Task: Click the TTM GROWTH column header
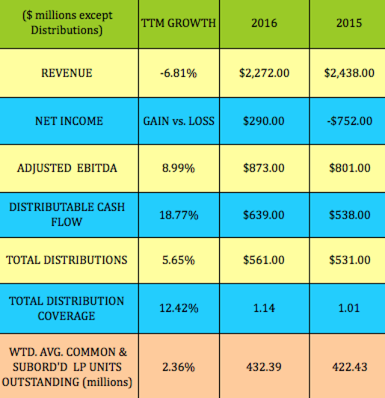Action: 179,23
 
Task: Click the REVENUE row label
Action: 67,73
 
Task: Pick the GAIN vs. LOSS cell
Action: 179,121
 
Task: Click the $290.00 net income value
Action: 263,121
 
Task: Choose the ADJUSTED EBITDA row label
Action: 67,168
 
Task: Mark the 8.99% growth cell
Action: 179,168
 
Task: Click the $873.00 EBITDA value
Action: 263,168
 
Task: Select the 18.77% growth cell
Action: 179,215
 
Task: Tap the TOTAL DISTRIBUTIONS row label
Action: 67,260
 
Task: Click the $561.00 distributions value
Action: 263,260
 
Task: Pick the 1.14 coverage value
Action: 264,308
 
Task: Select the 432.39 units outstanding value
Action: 264,366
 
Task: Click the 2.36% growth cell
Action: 179,366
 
